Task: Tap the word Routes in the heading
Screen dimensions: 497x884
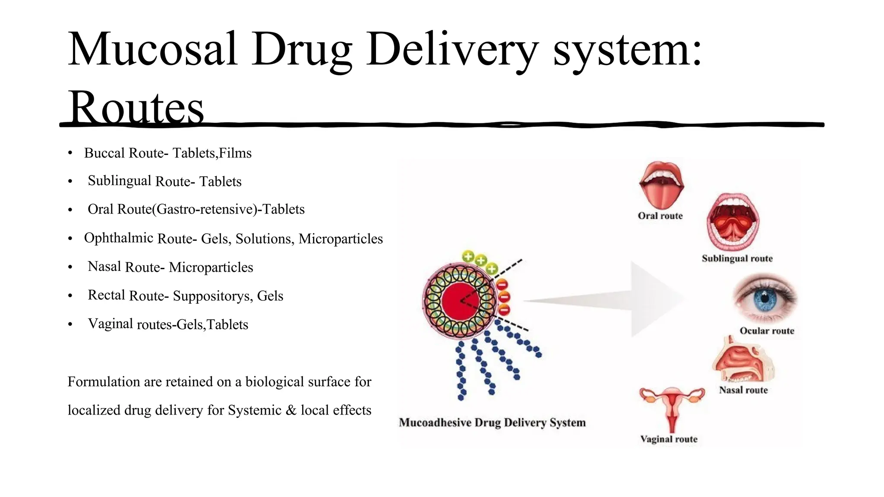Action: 136,107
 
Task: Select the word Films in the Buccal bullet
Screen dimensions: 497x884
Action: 235,153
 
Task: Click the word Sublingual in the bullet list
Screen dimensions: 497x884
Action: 120,181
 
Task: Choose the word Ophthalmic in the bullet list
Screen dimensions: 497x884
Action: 119,238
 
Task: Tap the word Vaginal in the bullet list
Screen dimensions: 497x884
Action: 110,324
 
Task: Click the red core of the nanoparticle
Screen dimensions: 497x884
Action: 459,301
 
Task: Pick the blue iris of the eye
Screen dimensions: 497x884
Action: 764,298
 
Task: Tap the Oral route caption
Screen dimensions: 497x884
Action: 660,216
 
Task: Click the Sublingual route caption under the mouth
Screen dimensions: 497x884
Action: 737,258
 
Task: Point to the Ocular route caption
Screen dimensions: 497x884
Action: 767,331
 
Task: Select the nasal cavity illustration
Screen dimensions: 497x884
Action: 742,360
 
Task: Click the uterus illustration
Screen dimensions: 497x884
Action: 672,406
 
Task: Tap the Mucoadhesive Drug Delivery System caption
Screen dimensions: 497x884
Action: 492,422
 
